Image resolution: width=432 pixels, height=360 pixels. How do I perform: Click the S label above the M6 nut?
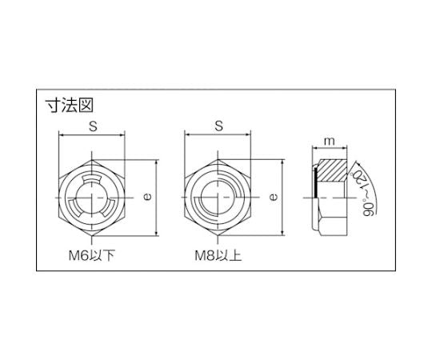point(93,126)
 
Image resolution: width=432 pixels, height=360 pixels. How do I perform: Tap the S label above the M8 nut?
point(218,126)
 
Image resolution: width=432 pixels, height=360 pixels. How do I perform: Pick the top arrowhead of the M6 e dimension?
point(155,162)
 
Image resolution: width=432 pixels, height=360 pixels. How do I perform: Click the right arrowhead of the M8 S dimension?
point(249,135)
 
